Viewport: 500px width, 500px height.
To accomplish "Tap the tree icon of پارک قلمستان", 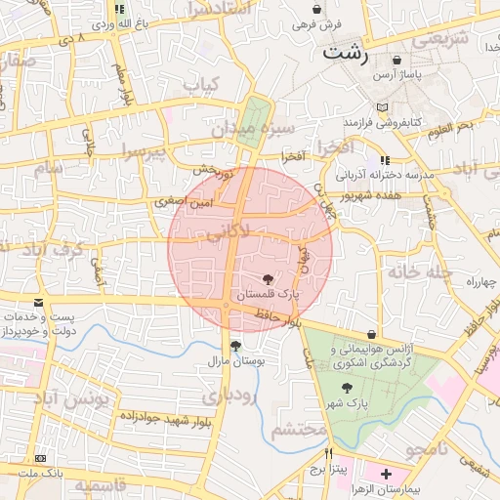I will click(269, 279).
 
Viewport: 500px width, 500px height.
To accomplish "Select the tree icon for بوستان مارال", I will click(234, 346).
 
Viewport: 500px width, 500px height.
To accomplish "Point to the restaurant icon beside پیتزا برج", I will click(328, 453).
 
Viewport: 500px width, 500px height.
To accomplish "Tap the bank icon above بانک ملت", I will click(40, 458).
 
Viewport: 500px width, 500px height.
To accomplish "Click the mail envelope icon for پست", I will click(38, 304).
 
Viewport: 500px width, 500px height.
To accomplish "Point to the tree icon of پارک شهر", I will click(347, 388).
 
